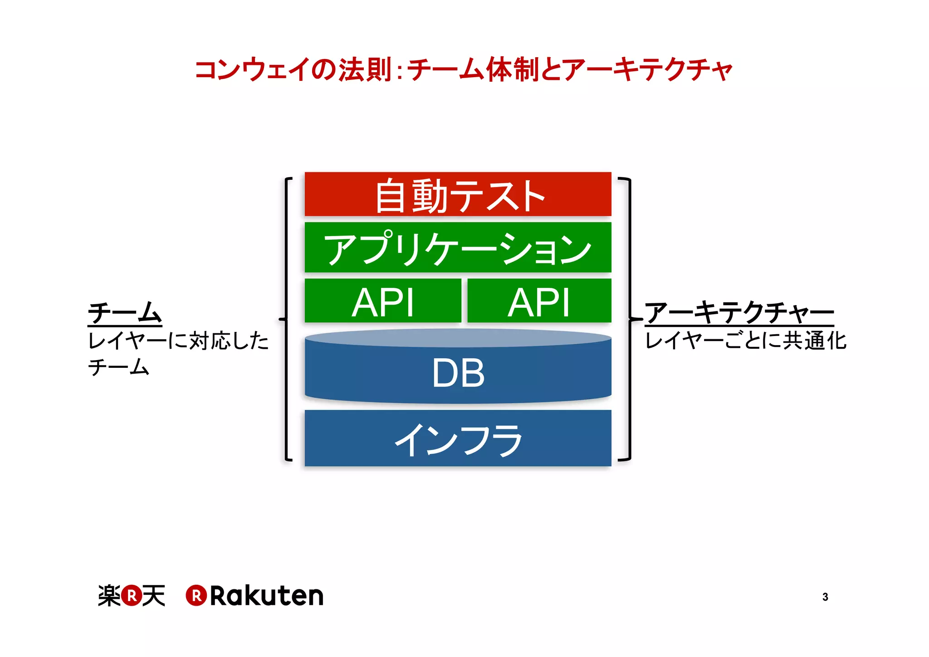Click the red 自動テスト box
tap(458, 194)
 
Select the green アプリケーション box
tap(458, 247)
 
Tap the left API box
tap(383, 301)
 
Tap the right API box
tap(539, 301)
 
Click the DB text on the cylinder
tap(458, 373)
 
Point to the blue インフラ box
tap(458, 439)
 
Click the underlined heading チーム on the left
tap(125, 313)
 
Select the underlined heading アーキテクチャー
tap(739, 313)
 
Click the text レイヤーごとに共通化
tap(745, 341)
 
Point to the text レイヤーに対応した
tap(178, 341)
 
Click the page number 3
tap(825, 597)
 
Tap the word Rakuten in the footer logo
tap(267, 596)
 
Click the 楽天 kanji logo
tap(132, 596)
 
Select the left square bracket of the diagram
tap(286, 319)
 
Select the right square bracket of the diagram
tap(629, 319)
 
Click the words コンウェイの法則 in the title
tap(293, 70)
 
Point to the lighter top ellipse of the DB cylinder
tap(458, 338)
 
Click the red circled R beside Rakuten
tap(196, 596)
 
